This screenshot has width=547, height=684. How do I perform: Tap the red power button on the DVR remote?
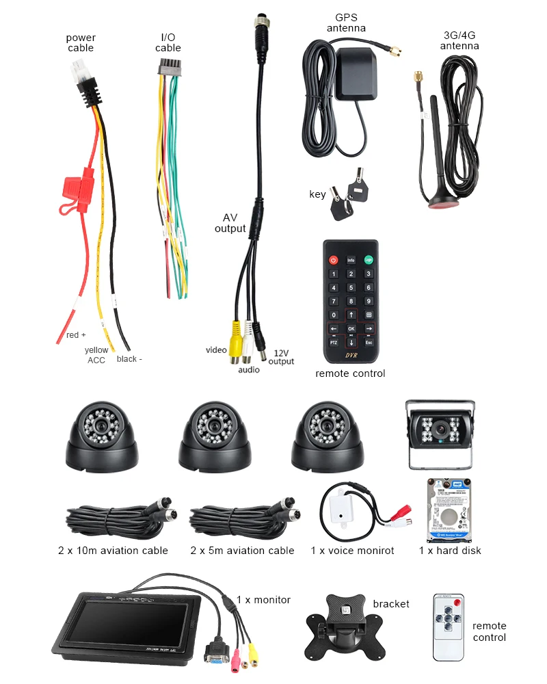click(334, 260)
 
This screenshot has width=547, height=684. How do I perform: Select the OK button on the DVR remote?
click(351, 328)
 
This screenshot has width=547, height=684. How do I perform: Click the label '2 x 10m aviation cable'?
click(113, 551)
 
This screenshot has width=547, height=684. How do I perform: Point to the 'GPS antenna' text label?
click(346, 23)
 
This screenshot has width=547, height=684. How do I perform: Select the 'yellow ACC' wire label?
click(96, 355)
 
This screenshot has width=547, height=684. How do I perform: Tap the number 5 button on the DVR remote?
click(351, 287)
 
